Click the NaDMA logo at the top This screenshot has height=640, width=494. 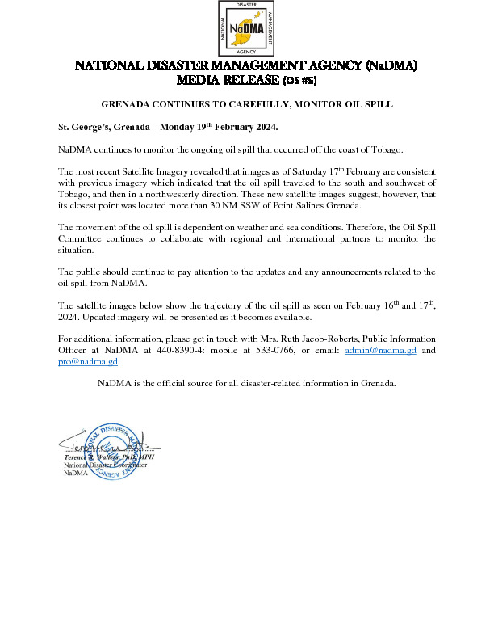coord(247,29)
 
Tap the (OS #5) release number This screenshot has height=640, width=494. coord(297,81)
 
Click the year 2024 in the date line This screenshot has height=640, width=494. coord(261,128)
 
